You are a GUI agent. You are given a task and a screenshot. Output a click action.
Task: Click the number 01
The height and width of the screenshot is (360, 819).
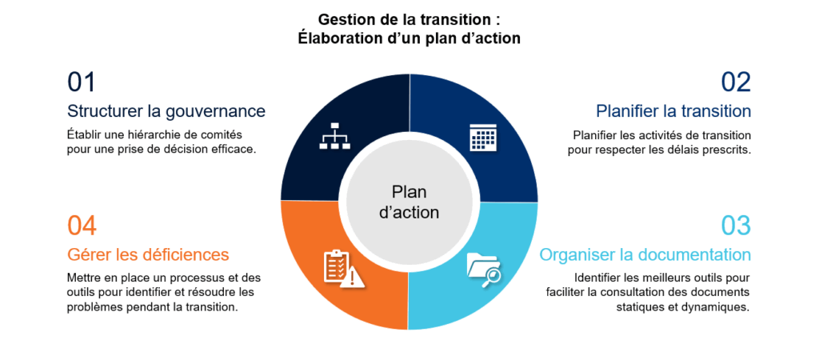coord(82,82)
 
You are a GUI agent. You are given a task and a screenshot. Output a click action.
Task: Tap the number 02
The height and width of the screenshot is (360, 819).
coord(736,82)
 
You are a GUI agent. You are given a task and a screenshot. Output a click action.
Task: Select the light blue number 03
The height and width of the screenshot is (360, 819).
coord(736,226)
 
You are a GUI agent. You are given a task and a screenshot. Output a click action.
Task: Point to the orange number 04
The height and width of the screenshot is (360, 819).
coord(82,226)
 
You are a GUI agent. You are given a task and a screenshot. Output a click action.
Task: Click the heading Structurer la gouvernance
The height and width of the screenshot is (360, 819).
coord(166,111)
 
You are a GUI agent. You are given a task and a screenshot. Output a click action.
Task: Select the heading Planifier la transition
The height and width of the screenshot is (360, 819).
coord(673,110)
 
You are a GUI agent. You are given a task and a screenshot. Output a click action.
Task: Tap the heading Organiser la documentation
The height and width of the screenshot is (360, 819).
coord(645,255)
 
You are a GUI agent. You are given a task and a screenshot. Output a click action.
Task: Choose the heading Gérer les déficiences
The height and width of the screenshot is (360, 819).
coord(148,254)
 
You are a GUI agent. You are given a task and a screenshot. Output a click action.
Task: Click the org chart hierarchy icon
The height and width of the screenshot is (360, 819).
coord(335,136)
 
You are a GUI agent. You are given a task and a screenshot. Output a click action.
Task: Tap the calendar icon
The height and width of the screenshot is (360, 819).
coord(482,138)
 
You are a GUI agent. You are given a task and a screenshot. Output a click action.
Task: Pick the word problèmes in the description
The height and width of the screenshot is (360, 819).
coord(91,307)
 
